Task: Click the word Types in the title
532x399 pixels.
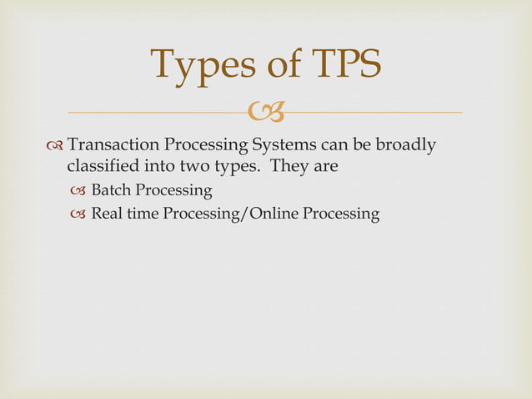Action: [198, 65]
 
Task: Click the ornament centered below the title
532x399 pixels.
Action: [266, 110]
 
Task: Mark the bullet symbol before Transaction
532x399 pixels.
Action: [55, 146]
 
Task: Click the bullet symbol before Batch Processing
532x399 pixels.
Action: [79, 191]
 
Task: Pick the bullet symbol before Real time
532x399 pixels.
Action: [79, 215]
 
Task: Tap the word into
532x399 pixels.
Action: [170, 166]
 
